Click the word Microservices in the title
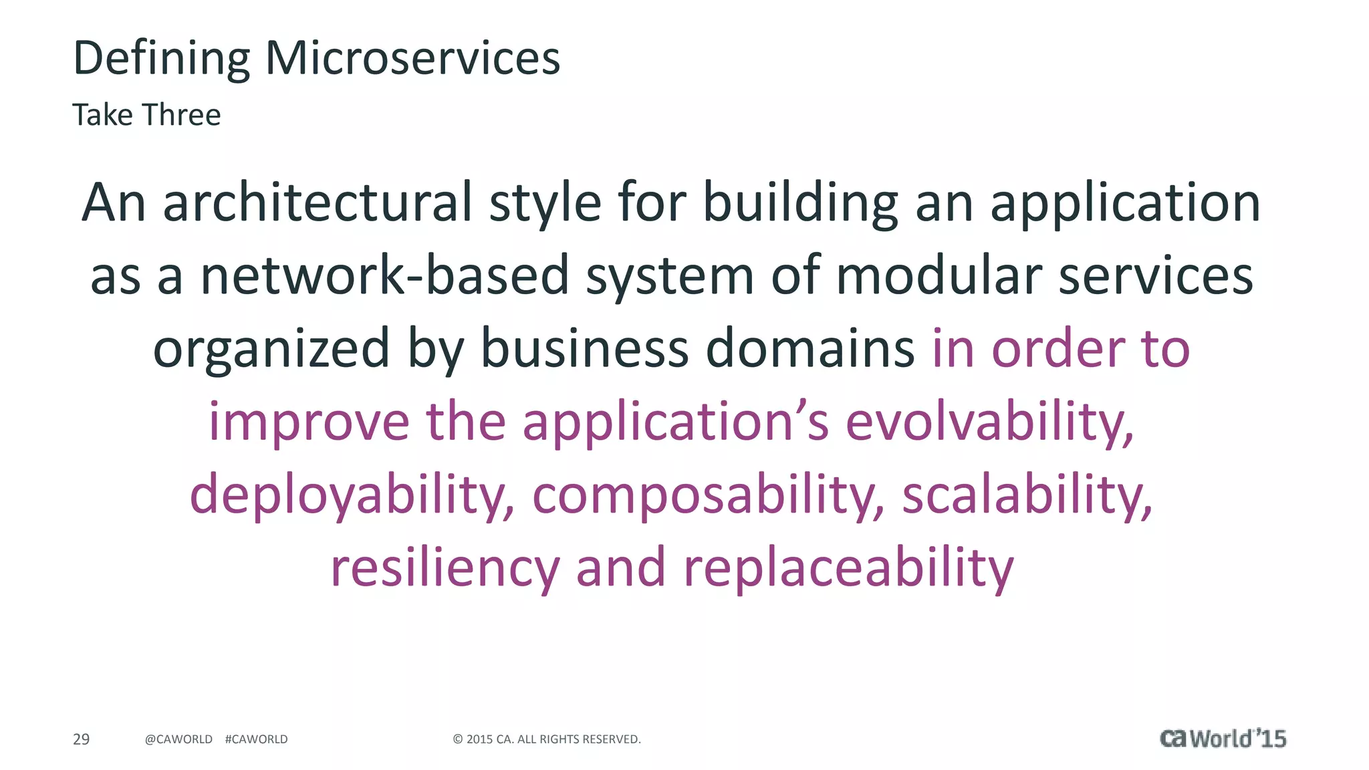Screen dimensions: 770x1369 412,58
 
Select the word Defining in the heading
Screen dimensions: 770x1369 161,58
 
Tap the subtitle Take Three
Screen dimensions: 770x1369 146,115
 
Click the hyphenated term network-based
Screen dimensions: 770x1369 384,275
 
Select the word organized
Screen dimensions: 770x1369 271,349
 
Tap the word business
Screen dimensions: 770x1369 585,349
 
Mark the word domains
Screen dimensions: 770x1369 810,349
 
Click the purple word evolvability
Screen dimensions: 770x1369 989,422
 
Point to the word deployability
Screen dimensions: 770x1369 352,495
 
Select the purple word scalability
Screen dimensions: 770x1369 1027,495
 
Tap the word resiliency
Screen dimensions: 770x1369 445,568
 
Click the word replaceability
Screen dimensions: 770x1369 848,568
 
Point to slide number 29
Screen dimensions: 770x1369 81,739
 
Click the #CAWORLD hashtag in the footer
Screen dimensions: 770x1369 257,739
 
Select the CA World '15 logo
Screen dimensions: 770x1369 1223,739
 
